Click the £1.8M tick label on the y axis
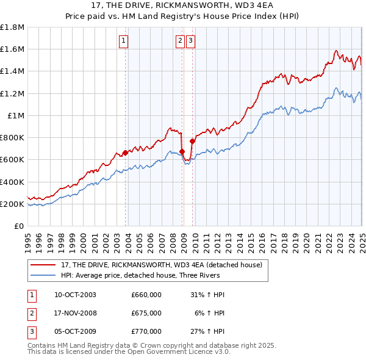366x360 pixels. point(12,27)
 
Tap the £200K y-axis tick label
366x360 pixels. point(12,204)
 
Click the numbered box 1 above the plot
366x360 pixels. point(124,41)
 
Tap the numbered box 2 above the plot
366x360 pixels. point(181,41)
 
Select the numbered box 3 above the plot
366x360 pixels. point(190,41)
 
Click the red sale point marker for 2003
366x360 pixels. point(126,153)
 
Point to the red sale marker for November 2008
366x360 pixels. point(182,151)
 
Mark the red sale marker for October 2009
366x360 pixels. point(192,141)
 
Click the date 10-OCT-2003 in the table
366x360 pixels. point(75,295)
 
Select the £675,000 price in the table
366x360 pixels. point(146,313)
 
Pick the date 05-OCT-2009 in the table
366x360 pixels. point(75,331)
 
